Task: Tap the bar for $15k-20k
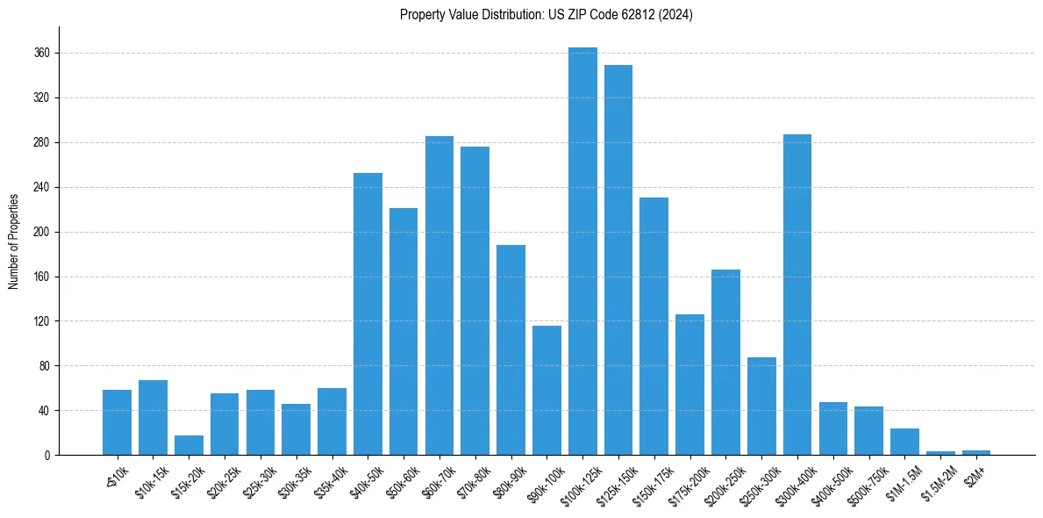tap(189, 445)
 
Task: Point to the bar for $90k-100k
tap(547, 391)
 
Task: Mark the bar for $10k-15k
tap(153, 418)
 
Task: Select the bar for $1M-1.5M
tap(904, 442)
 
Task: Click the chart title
tap(546, 15)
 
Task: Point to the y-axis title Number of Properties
tap(13, 241)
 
